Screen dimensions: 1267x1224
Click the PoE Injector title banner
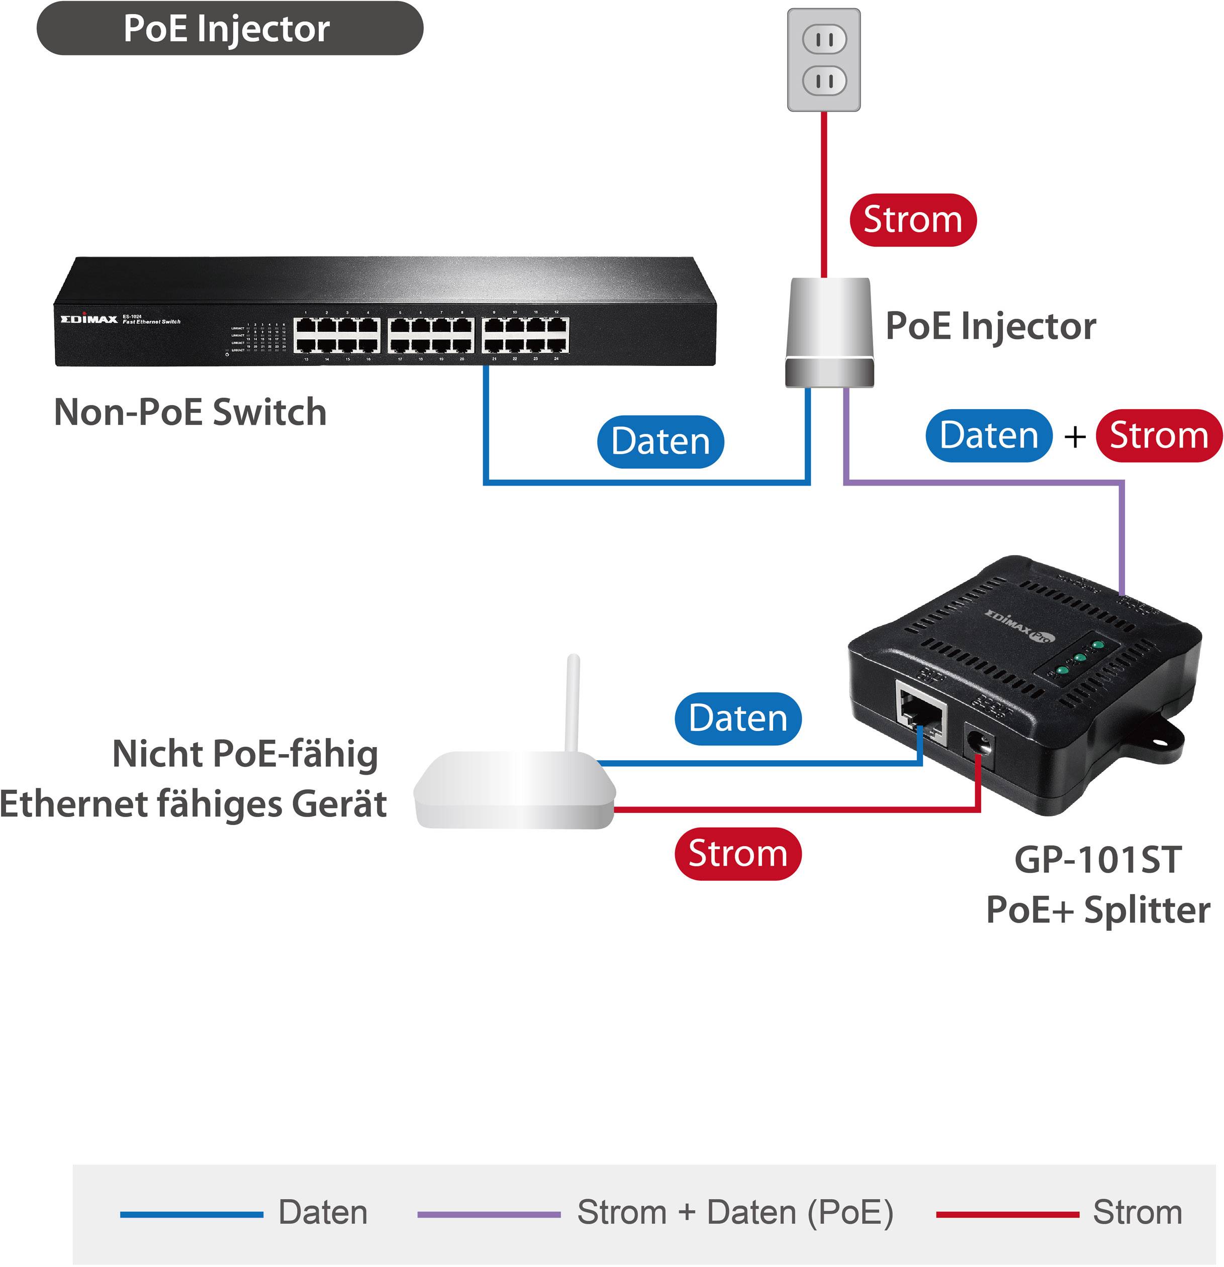[x=229, y=29]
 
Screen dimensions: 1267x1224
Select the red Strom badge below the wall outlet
[x=912, y=220]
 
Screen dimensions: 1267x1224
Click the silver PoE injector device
[x=829, y=333]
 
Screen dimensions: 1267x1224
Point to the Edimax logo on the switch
[x=89, y=319]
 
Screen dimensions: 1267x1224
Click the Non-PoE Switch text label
[x=190, y=412]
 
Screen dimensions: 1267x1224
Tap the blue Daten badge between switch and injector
[x=660, y=441]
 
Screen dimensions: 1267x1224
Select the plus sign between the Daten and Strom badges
[x=1075, y=436]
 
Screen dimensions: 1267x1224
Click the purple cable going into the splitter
[x=1122, y=536]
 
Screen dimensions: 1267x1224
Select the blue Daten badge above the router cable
[x=737, y=719]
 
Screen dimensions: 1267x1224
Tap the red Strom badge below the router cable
[x=737, y=854]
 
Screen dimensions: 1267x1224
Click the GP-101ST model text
[x=1097, y=860]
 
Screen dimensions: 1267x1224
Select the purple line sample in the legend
[x=489, y=1215]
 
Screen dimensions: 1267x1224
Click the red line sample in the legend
[x=1007, y=1215]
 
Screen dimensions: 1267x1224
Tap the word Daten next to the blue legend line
[x=323, y=1212]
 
